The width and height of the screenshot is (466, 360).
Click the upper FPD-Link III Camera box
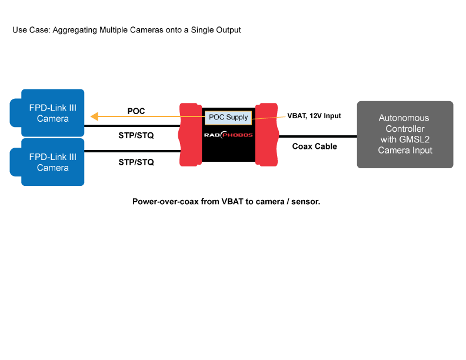click(52, 113)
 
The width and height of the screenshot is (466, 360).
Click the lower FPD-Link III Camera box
click(52, 162)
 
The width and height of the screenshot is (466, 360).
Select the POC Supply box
click(228, 117)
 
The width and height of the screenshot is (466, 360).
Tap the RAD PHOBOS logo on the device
click(228, 135)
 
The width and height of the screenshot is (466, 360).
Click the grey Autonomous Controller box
click(405, 134)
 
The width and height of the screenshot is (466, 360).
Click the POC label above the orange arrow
click(136, 111)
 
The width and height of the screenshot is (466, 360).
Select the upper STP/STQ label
click(136, 136)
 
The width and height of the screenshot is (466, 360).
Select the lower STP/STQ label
click(136, 162)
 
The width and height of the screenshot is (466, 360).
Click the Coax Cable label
click(314, 146)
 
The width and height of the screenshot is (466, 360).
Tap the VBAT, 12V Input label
click(314, 116)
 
